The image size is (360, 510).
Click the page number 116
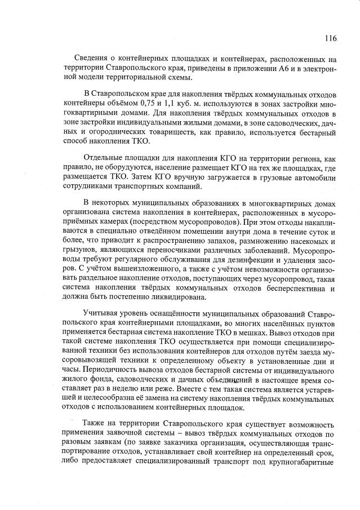tap(330, 38)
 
